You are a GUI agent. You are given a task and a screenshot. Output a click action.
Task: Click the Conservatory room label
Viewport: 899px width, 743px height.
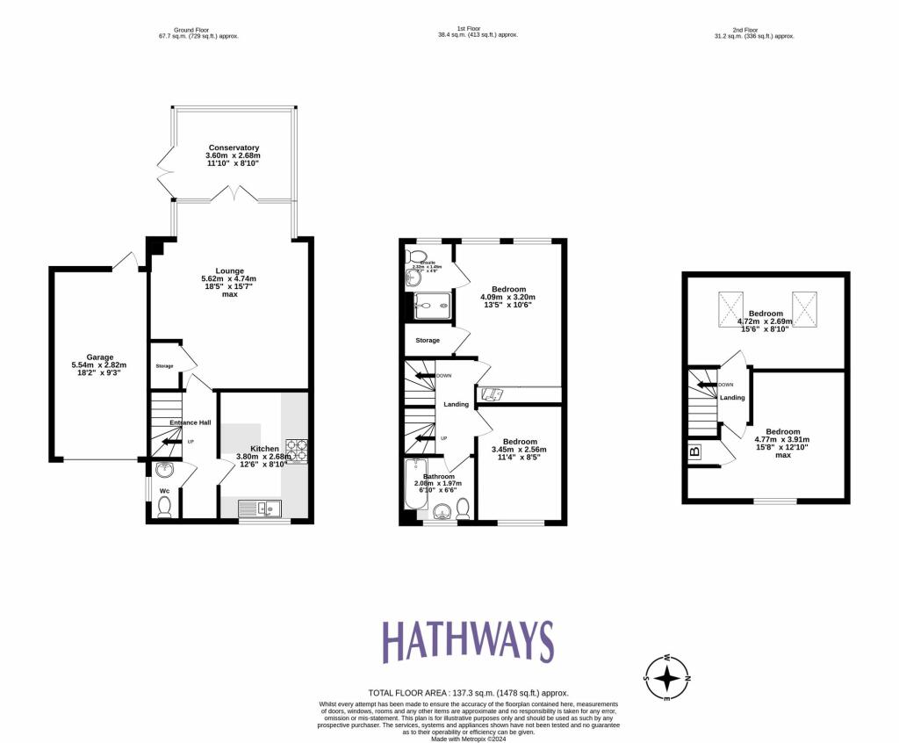pos(234,148)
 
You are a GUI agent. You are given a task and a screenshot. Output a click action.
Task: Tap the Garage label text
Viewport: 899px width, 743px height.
pos(99,357)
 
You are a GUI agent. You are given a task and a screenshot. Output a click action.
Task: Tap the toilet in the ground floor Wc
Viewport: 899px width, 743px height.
pos(163,507)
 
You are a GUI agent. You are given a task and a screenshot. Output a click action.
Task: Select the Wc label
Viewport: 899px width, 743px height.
pos(164,491)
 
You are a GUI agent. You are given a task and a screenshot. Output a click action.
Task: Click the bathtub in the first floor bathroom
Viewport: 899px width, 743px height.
pos(414,486)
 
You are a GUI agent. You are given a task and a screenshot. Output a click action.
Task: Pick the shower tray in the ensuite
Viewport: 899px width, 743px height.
pos(432,306)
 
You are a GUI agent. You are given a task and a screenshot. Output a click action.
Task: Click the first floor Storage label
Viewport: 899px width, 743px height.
pos(428,340)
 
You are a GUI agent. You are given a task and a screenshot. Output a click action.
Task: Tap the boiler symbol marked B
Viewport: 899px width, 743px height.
pos(694,453)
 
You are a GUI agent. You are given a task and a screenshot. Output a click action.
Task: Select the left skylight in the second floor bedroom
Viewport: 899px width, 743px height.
pos(730,307)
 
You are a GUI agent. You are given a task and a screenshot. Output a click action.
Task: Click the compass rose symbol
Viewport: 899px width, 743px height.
pos(668,677)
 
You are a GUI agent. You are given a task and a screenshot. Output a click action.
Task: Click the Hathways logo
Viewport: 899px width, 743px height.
pos(467,641)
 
